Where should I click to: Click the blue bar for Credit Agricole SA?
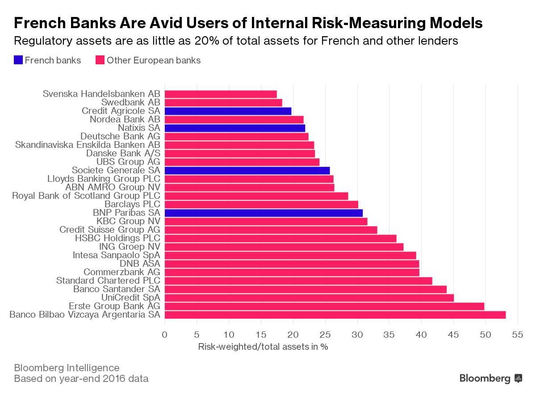tap(228, 111)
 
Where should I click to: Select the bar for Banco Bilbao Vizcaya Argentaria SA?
tap(335, 315)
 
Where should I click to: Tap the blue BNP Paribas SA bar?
tap(264, 213)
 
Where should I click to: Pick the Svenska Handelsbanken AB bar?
tap(221, 94)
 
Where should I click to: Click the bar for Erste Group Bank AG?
tap(324, 306)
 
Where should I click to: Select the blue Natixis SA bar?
tap(235, 128)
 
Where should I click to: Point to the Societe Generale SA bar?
tap(247, 171)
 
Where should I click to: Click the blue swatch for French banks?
tap(18, 60)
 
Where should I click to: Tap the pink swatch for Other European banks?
tap(100, 60)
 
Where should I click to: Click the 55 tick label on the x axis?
tap(518, 334)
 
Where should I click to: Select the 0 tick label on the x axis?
tap(165, 334)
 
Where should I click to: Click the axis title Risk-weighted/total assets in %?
tap(263, 347)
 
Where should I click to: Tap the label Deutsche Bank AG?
tap(120, 137)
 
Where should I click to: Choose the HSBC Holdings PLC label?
tap(118, 239)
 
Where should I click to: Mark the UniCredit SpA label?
tap(130, 298)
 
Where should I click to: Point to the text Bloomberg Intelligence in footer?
tap(67, 368)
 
